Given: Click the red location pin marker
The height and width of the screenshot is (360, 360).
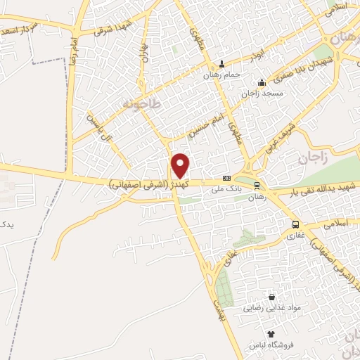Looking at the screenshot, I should (181, 165).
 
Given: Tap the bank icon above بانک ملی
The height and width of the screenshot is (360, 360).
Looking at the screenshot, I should (226, 179).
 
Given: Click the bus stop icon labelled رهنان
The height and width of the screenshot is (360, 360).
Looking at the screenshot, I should (257, 186).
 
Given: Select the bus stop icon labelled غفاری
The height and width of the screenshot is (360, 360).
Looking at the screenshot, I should (295, 225).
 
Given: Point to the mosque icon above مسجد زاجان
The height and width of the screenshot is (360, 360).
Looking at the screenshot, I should (262, 82).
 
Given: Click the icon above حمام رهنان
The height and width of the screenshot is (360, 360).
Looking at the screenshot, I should (223, 63).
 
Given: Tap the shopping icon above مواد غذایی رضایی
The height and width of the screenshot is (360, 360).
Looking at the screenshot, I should (271, 297).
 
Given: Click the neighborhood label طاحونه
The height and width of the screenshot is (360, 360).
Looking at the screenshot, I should (141, 104).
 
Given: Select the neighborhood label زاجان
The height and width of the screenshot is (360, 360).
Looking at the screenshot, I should (313, 159).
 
